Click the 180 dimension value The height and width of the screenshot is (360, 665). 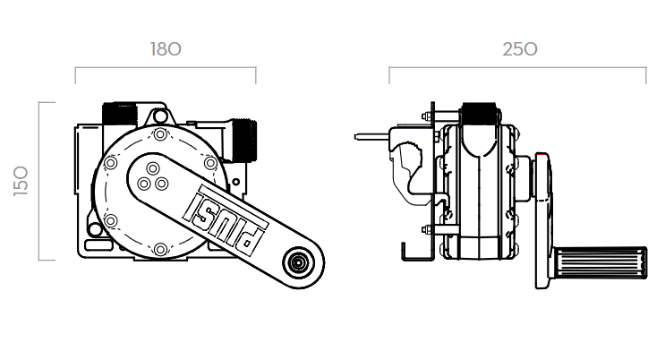166,49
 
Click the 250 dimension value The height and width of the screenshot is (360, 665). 520,49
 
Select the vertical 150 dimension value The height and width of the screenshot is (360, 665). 21,181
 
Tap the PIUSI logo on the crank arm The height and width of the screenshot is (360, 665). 226,219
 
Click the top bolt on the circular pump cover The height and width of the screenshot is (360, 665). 160,135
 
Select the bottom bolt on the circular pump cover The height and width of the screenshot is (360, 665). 160,249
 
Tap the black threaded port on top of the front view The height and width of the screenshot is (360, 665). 119,114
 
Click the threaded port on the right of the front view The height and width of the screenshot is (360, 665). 244,141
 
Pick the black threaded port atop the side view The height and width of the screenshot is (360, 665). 479,114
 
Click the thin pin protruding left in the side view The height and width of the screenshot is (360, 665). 371,137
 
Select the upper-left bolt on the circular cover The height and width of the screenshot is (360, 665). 111,163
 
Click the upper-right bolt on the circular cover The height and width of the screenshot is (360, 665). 210,163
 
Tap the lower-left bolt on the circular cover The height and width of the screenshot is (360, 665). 111,221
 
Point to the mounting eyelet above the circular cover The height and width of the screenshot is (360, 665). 159,116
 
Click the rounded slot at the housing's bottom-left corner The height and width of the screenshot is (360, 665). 93,245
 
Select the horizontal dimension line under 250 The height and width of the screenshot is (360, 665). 518,67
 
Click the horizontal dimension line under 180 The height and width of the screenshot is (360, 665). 166,67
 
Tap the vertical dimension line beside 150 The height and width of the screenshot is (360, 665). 39,181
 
